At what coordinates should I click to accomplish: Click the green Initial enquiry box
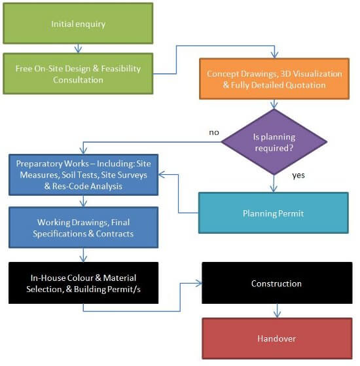pos(79,24)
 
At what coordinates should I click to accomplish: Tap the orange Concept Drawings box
pos(274,79)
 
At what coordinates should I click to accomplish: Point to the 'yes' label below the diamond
pos(298,175)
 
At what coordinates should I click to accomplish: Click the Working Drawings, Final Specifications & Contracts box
pos(83,229)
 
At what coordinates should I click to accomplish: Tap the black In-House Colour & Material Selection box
pos(83,284)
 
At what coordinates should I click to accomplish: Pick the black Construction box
pos(276,284)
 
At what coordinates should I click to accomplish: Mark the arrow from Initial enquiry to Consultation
pos(79,48)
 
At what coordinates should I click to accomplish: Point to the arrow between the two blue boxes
pos(83,202)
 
